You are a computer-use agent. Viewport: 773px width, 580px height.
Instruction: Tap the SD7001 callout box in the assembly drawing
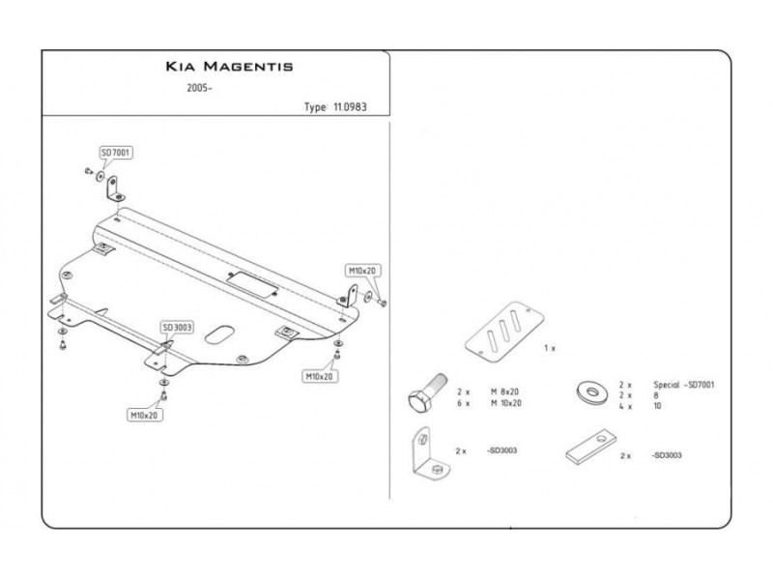[116, 152]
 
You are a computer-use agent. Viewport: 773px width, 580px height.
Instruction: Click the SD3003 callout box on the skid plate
[177, 328]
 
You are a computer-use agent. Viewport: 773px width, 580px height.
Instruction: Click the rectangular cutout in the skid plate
[252, 282]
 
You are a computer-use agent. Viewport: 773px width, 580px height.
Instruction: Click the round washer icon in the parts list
[589, 390]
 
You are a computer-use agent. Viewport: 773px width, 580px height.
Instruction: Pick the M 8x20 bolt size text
[505, 391]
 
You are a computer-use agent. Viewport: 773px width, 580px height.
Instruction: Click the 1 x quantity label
[550, 347]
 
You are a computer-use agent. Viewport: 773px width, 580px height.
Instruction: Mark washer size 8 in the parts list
[656, 395]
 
